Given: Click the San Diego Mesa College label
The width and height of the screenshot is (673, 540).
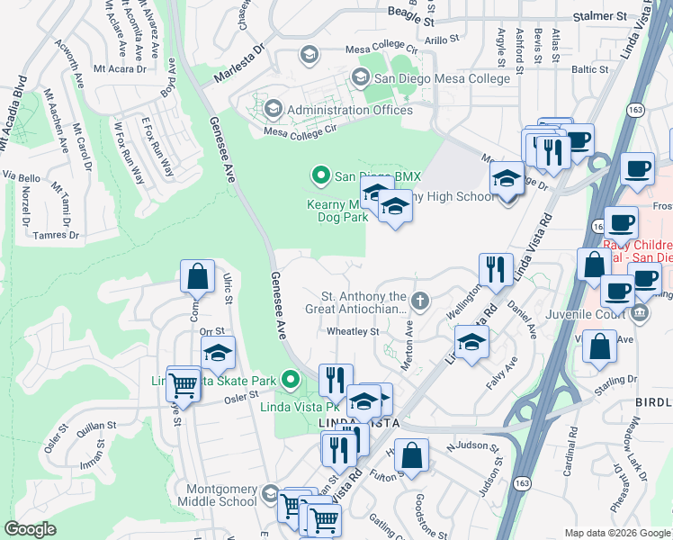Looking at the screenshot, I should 442,78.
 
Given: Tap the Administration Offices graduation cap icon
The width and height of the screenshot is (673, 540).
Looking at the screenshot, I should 273,110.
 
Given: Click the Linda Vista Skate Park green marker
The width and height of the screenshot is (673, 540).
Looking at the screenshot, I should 289,382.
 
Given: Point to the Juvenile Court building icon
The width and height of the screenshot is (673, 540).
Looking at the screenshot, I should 639,312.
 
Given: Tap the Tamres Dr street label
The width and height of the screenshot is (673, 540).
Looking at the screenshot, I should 57,235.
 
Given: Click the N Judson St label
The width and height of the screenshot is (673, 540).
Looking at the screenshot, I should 472,445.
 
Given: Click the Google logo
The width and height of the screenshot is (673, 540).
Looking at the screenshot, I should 31,529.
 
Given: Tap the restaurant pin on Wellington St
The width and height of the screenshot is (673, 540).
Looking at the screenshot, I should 496,269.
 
